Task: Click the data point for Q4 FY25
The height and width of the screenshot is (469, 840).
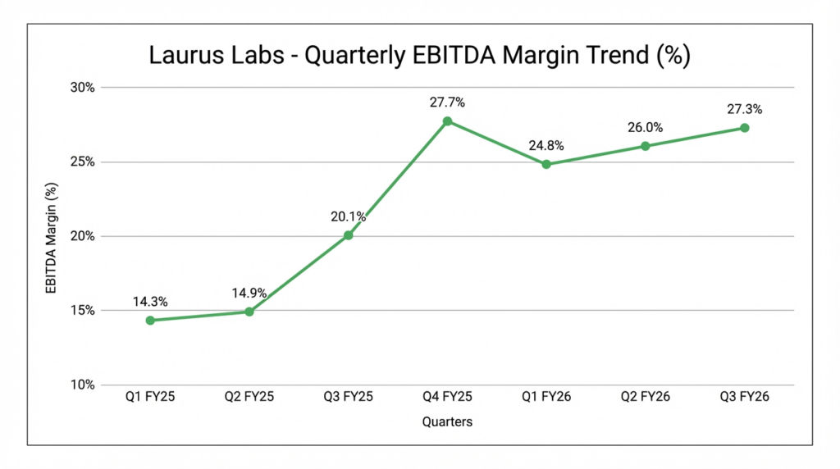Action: coord(447,121)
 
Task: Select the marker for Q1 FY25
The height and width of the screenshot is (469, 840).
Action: coord(150,321)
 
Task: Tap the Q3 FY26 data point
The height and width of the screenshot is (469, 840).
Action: coord(744,128)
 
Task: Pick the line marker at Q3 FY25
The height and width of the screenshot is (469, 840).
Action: coord(348,235)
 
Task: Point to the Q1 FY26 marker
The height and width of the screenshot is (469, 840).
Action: coord(546,164)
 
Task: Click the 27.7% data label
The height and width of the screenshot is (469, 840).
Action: coord(447,102)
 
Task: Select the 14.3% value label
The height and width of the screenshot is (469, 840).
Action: coord(150,302)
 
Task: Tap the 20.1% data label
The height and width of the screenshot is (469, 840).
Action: coord(348,216)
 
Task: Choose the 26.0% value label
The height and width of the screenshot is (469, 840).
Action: coord(646,127)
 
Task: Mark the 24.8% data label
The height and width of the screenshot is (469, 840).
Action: coord(546,145)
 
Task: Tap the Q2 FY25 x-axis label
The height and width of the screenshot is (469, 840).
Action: coord(249,397)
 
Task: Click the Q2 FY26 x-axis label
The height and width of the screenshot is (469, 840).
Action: coord(646,397)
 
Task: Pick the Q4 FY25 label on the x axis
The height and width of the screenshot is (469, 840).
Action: coord(447,397)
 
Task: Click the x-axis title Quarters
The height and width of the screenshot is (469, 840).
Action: coord(447,421)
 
